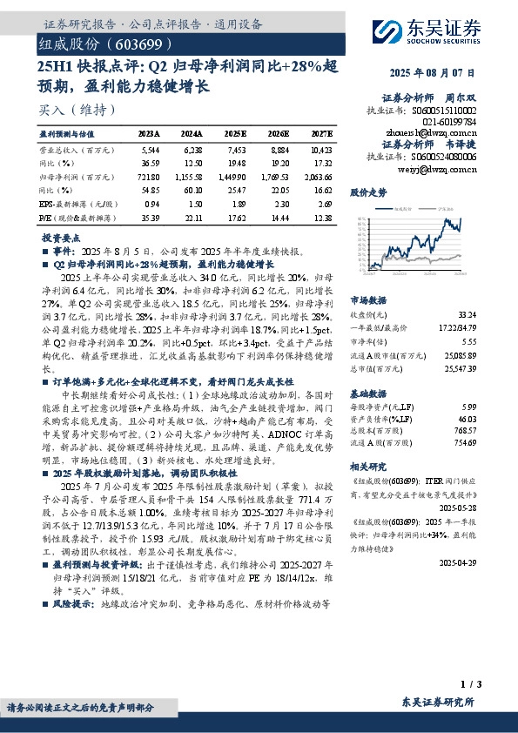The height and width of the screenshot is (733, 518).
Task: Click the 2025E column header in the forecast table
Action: pyautogui.click(x=236, y=134)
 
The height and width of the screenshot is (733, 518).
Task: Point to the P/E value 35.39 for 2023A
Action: pyautogui.click(x=150, y=213)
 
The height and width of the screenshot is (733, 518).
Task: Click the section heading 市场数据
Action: pyautogui.click(x=369, y=299)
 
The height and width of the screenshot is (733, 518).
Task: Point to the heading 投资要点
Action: pyautogui.click(x=63, y=237)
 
